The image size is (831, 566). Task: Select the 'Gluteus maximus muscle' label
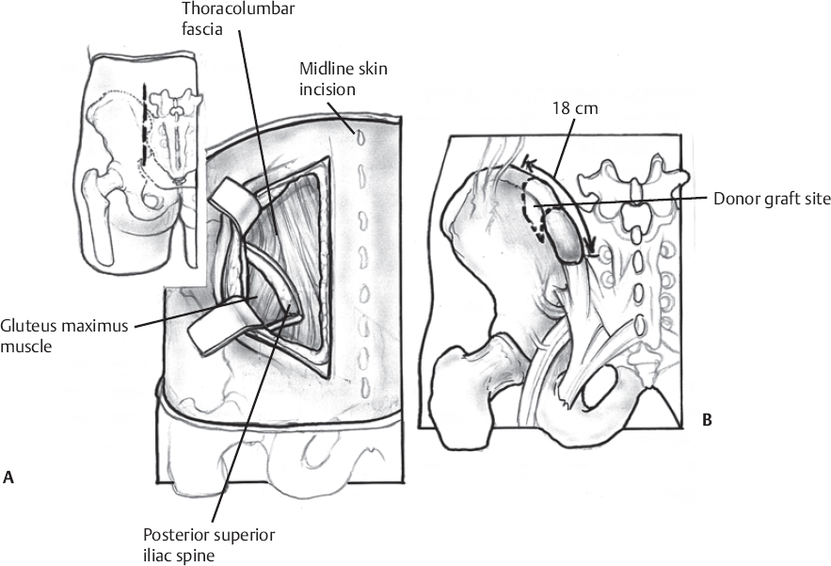[64, 337]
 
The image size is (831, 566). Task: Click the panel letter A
[8, 478]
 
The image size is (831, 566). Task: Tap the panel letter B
[706, 420]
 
